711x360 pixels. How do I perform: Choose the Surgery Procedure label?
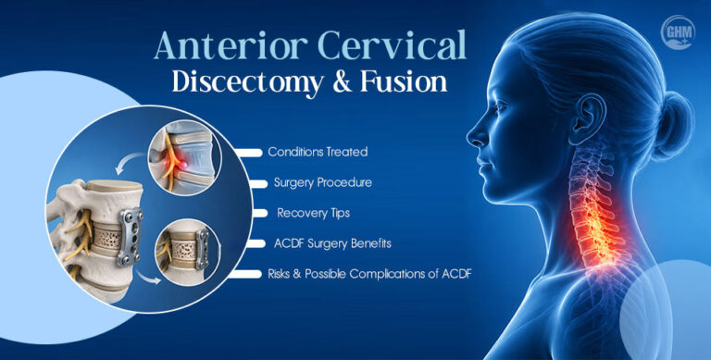tap(323, 182)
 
